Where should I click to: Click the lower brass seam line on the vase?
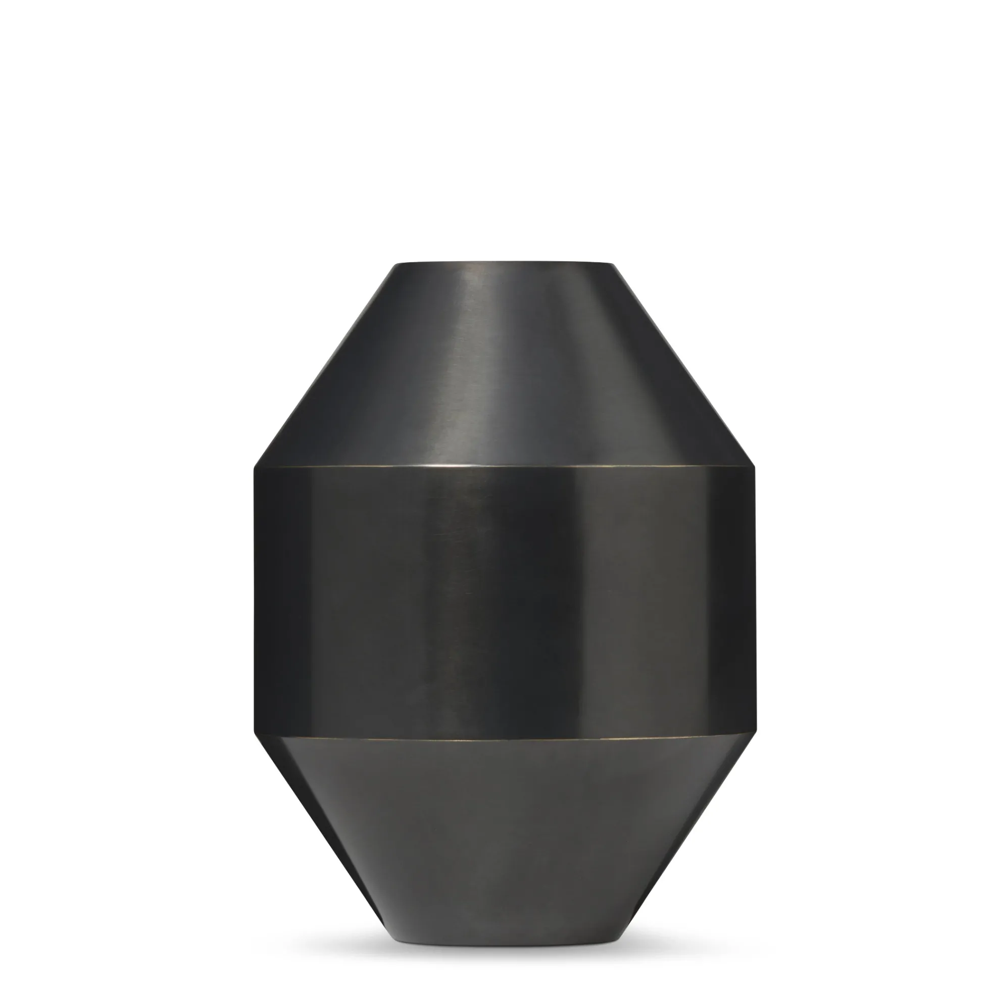pyautogui.click(x=504, y=738)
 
